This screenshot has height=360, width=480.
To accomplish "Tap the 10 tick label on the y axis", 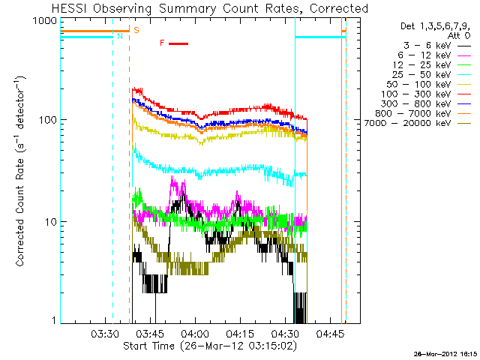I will [x=52, y=222].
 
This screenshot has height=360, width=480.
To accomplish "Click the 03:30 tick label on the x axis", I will [x=105, y=332].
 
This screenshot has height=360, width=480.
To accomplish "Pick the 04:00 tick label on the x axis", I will [x=195, y=332].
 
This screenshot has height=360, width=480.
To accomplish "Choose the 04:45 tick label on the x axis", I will [x=330, y=332].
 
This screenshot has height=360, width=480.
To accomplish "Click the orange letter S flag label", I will [x=136, y=29].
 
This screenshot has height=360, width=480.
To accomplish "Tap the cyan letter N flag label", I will [x=120, y=35].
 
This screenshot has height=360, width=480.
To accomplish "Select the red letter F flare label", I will [x=162, y=43].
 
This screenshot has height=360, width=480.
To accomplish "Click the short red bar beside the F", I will [x=178, y=43].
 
